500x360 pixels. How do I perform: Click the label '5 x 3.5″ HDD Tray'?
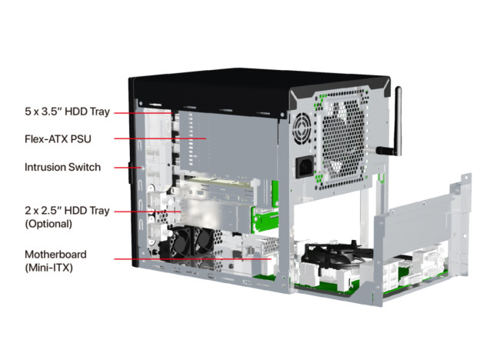67,112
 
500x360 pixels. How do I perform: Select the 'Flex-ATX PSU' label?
58,139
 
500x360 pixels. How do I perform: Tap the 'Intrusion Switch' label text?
63,167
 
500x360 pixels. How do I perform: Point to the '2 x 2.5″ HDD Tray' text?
67,211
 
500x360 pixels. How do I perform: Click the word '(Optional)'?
48,224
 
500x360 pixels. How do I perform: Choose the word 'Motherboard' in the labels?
56,254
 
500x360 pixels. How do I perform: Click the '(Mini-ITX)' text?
48,267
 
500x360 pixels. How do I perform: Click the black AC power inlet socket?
304,168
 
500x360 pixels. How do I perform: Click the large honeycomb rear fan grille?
344,140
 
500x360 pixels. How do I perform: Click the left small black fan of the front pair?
182,242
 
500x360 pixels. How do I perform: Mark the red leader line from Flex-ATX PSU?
161,138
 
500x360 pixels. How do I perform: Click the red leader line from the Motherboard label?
192,259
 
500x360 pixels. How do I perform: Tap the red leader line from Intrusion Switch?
128,168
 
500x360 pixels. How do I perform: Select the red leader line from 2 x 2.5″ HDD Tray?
148,212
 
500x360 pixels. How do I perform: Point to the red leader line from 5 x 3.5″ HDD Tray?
144,113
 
